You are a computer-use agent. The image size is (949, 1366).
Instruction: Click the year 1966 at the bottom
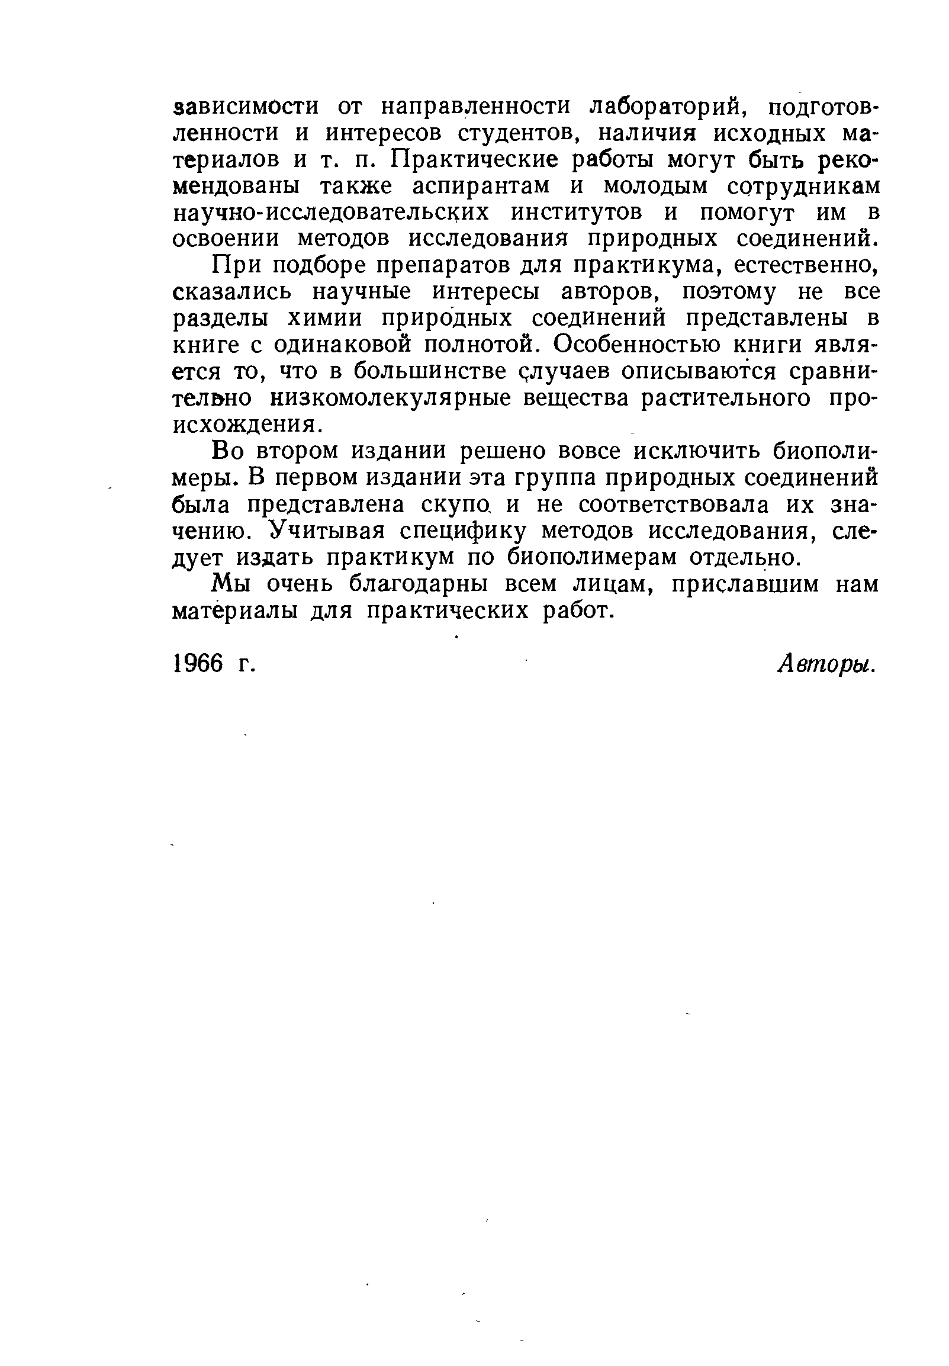(x=198, y=664)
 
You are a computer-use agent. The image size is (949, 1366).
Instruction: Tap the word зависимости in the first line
(x=245, y=107)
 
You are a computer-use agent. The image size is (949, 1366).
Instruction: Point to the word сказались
(x=233, y=293)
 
